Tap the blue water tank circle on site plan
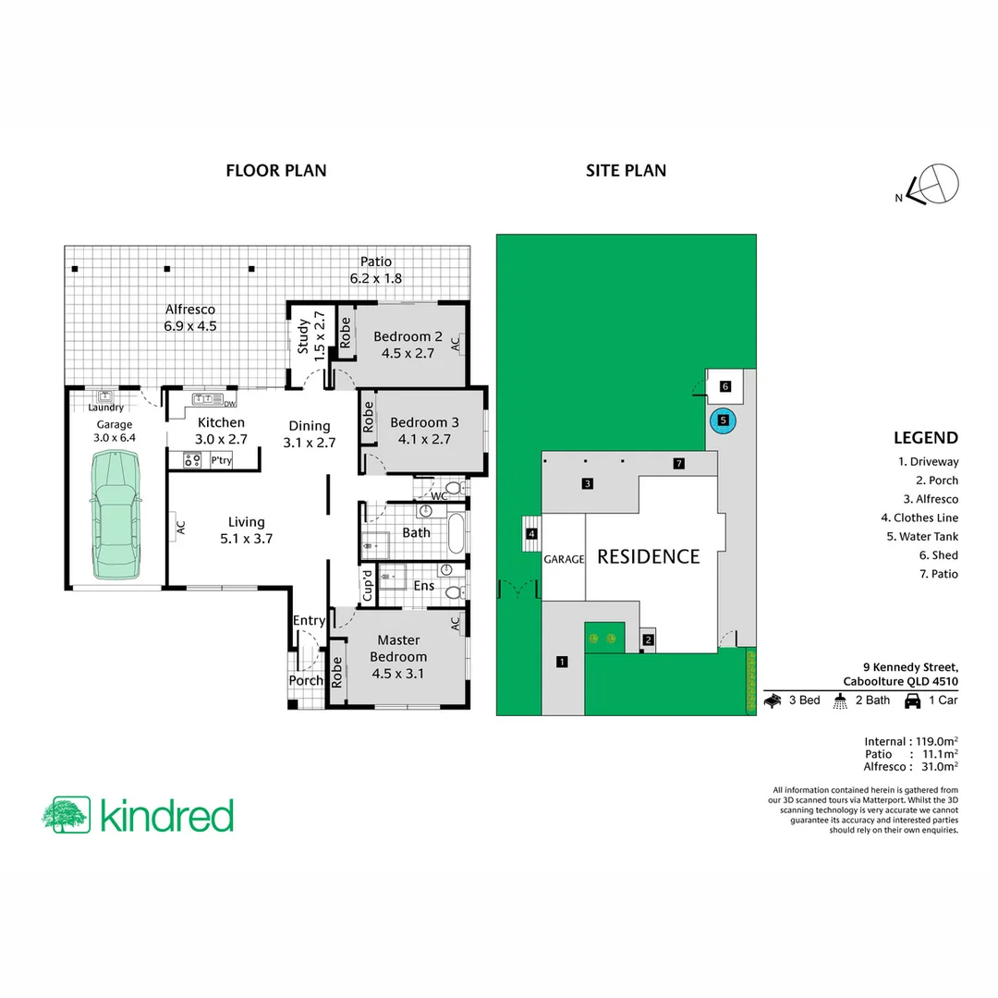click(x=723, y=420)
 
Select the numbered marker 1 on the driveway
click(x=561, y=661)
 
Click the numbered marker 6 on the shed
click(x=725, y=386)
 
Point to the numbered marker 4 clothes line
click(x=531, y=533)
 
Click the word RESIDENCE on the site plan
click(x=648, y=556)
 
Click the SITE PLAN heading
click(x=626, y=170)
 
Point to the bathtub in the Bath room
click(x=456, y=534)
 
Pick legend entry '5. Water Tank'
click(x=926, y=536)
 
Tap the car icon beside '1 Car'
click(x=912, y=700)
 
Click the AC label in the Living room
click(x=181, y=527)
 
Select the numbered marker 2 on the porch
click(x=648, y=639)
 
